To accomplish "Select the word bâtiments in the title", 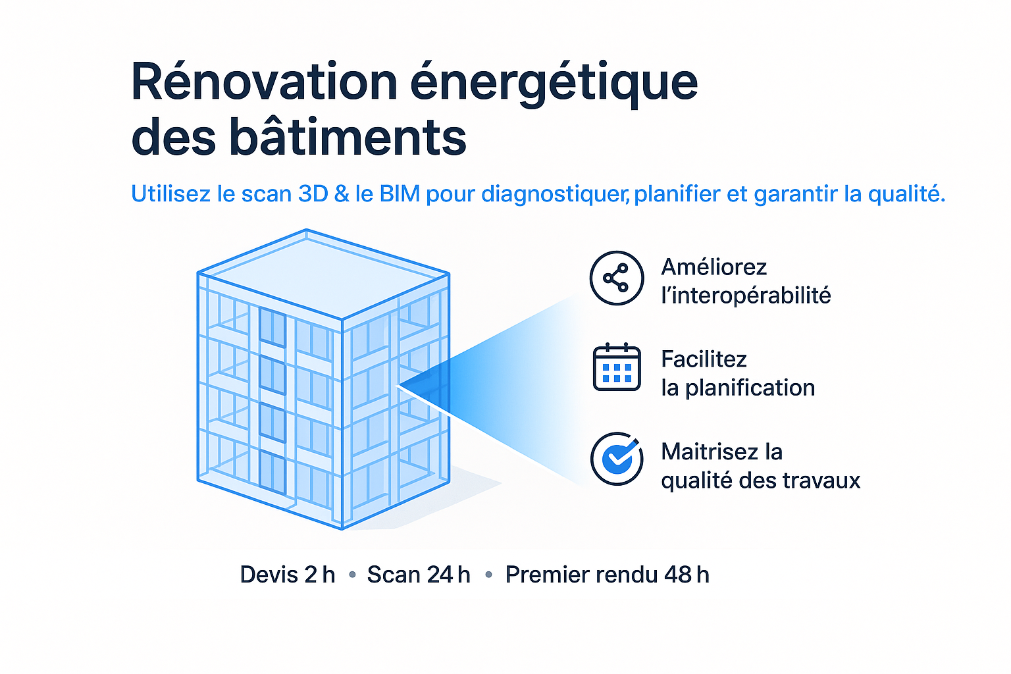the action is pyautogui.click(x=348, y=136).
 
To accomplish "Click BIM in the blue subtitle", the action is pyautogui.click(x=400, y=194).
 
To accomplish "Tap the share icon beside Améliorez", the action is pyautogui.click(x=617, y=278).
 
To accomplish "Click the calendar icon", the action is pyautogui.click(x=617, y=367).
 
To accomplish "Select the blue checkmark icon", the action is pyautogui.click(x=617, y=459).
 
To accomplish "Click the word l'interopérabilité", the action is pyautogui.click(x=746, y=296).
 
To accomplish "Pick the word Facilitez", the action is pyautogui.click(x=704, y=359).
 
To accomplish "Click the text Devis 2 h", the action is pyautogui.click(x=288, y=575).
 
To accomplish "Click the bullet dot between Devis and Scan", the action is pyautogui.click(x=353, y=575).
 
